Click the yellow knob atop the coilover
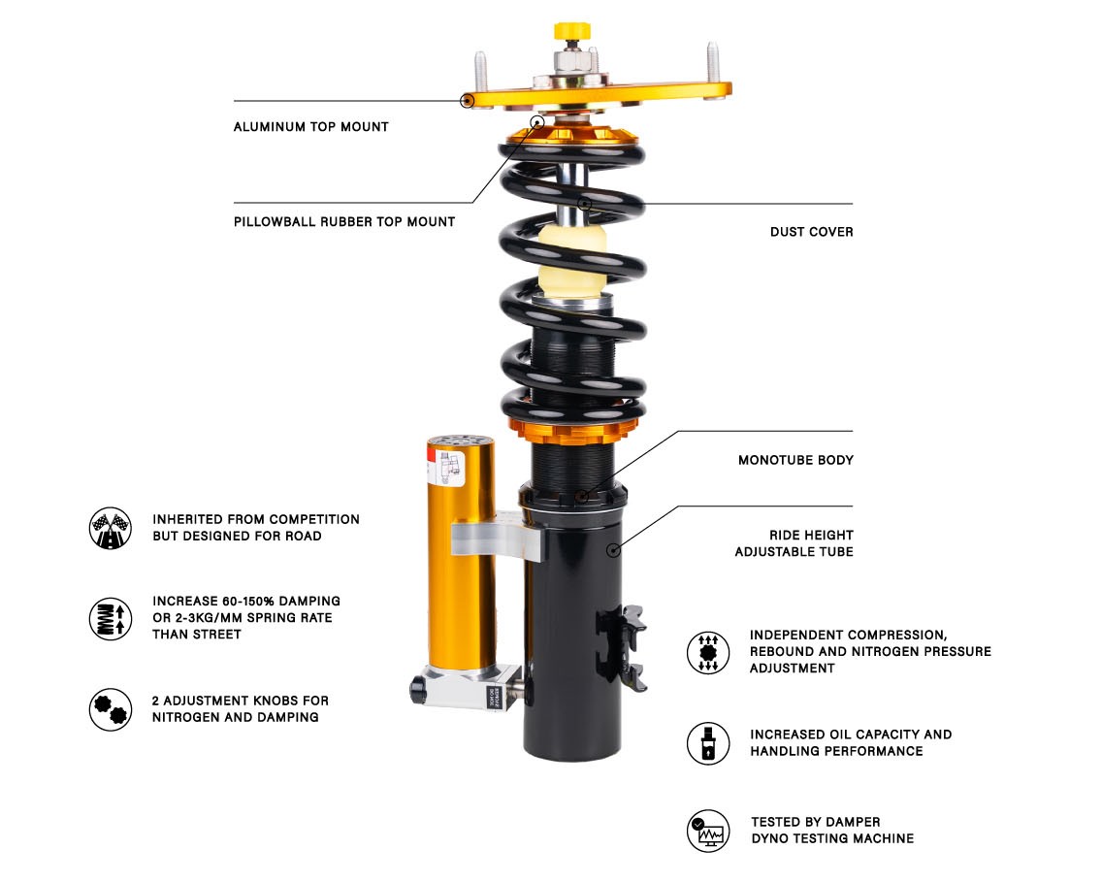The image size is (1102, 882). click(572, 31)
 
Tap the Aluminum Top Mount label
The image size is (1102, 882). click(310, 126)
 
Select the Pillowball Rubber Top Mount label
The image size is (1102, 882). click(344, 221)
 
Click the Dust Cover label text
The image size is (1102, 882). click(811, 232)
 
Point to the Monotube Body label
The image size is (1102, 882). click(795, 460)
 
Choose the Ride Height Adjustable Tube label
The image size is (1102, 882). click(794, 543)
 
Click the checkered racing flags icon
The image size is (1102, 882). click(111, 528)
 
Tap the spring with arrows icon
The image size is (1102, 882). click(111, 618)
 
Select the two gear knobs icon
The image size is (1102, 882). click(111, 709)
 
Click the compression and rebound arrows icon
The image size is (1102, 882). click(708, 652)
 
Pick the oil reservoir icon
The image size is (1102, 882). click(708, 743)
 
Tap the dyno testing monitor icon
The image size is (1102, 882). click(708, 831)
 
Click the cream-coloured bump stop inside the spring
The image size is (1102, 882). click(572, 260)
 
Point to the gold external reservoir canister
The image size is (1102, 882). click(461, 555)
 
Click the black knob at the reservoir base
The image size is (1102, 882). click(418, 690)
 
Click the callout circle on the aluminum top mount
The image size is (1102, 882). click(467, 101)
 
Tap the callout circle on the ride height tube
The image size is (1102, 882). click(613, 549)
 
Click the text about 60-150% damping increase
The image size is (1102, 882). click(246, 618)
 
